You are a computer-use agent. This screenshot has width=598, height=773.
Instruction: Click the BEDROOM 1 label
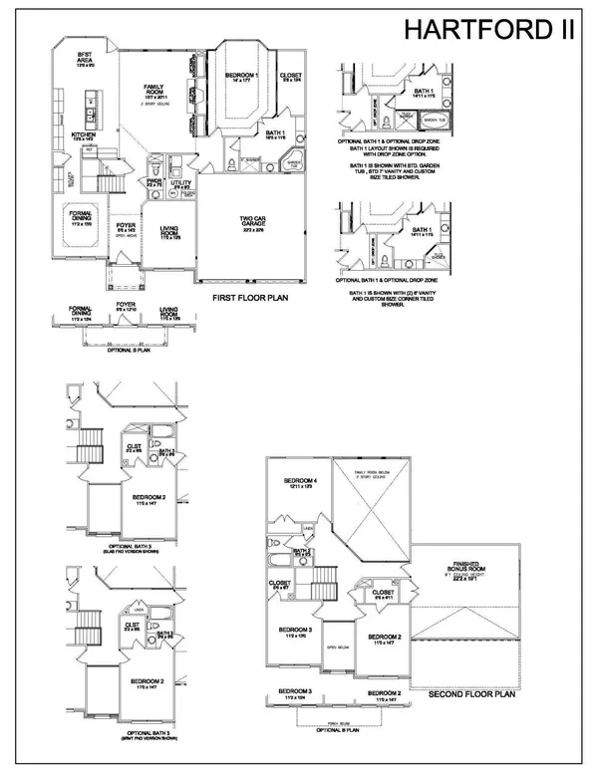(x=239, y=78)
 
